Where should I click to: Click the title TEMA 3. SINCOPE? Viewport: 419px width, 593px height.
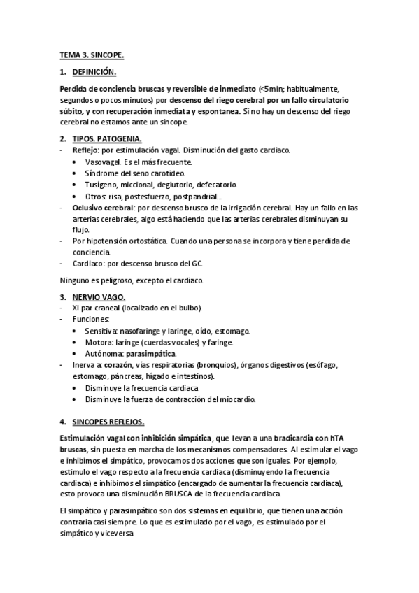tap(91, 55)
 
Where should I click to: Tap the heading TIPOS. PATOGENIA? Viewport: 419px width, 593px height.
tap(107, 139)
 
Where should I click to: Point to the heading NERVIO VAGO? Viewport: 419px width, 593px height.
tap(99, 296)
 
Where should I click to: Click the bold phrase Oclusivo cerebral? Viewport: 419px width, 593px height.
tap(104, 207)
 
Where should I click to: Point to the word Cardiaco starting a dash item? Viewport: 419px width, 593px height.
tap(88, 263)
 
